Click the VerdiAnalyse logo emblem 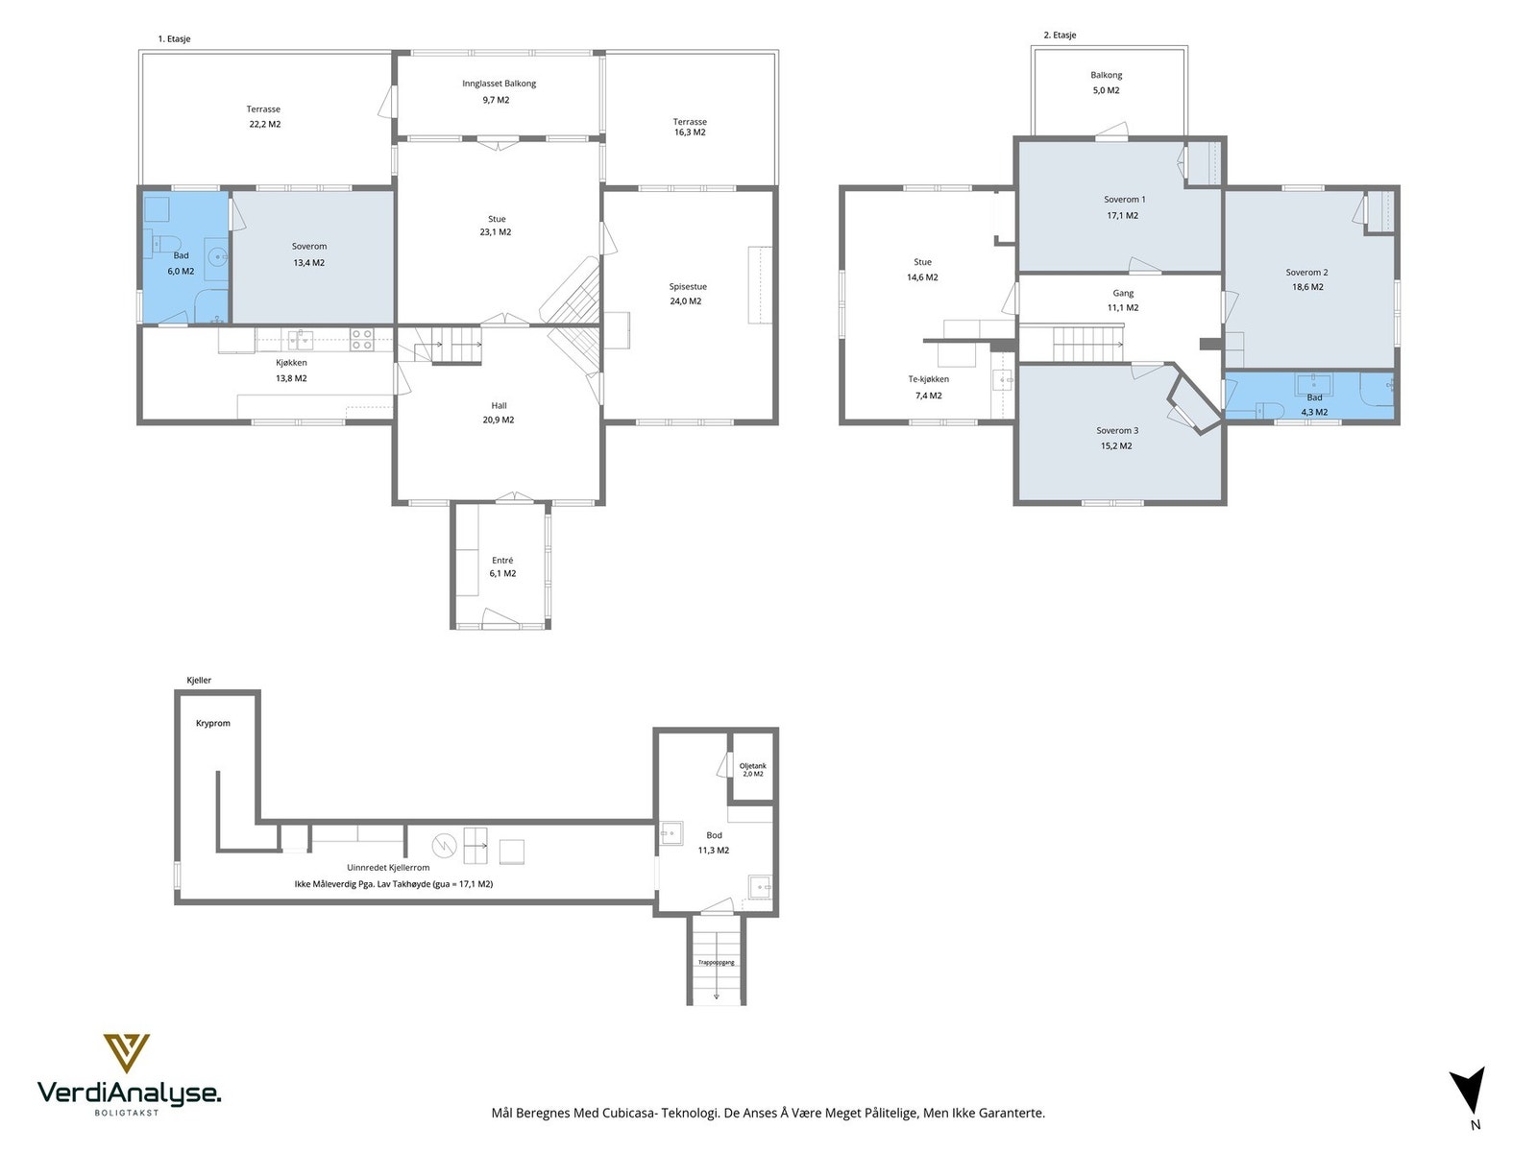(126, 1053)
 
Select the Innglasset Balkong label (499, 84)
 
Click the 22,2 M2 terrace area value (265, 125)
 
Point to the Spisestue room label (688, 287)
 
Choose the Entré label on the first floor (502, 561)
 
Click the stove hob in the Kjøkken (361, 339)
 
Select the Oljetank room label (753, 766)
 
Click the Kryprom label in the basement (213, 723)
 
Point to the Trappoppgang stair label (717, 963)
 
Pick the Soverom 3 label (1117, 431)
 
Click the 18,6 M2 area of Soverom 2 (1307, 287)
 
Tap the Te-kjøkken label (929, 379)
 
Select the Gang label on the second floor (1123, 294)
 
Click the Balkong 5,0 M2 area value (1107, 90)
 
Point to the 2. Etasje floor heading (1061, 35)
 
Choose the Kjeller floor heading (199, 680)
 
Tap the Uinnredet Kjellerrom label (389, 868)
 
